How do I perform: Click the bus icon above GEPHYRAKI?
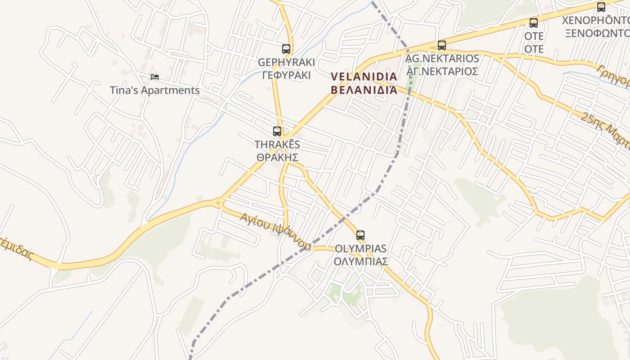(x=286, y=49)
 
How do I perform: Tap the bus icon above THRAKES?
(x=277, y=131)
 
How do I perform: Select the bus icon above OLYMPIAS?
(x=360, y=235)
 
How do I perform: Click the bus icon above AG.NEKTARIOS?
(x=442, y=45)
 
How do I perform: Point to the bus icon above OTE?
(x=534, y=23)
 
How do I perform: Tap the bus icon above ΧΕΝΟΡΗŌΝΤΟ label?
(x=601, y=7)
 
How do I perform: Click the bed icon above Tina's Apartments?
(x=155, y=77)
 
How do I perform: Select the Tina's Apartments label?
(x=155, y=90)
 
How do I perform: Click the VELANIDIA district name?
(x=364, y=76)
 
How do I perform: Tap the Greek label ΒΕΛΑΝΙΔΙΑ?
(x=364, y=90)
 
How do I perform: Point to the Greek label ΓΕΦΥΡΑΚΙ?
(x=286, y=75)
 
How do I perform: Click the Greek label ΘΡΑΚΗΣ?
(x=277, y=157)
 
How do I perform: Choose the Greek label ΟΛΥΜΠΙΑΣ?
(x=360, y=261)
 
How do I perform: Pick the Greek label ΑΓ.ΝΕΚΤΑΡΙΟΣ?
(x=442, y=72)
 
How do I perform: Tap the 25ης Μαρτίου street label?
(x=605, y=130)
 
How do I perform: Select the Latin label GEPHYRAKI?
(x=286, y=62)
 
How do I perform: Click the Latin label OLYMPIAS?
(x=360, y=248)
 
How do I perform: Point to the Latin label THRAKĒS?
(x=277, y=144)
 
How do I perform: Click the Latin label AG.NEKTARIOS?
(x=442, y=58)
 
